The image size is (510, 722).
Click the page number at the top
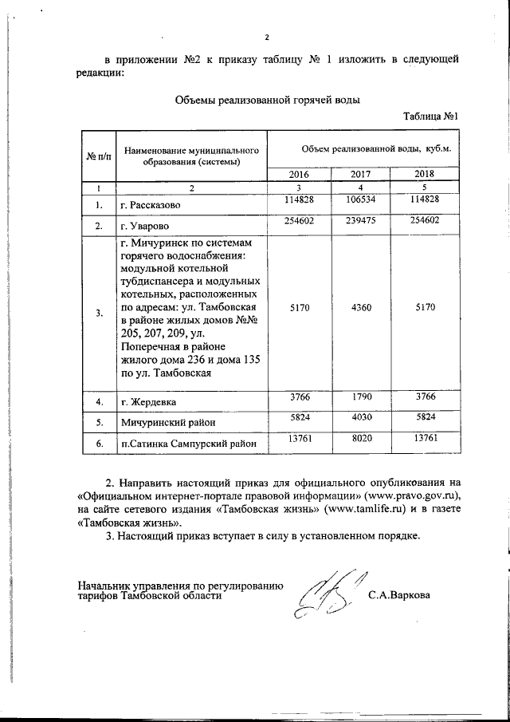269,37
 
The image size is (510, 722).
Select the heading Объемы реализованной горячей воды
267,101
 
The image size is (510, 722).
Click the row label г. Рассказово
155,205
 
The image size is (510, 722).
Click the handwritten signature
329,596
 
